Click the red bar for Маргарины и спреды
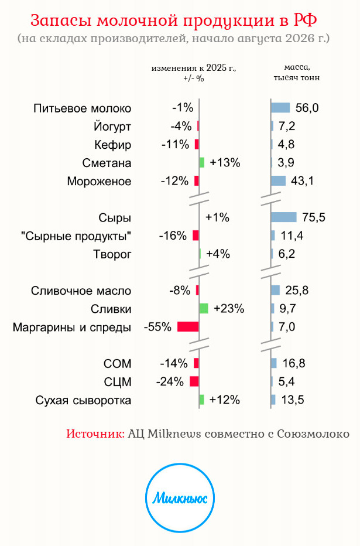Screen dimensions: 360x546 tap(188, 327)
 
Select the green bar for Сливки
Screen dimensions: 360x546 tap(204, 309)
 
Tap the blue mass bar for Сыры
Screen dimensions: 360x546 tap(284, 217)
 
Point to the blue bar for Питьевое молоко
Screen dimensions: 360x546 tap(281, 108)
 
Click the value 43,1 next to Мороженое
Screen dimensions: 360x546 tap(302, 180)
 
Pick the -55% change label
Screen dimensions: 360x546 tap(158, 327)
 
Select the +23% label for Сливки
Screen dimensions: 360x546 tap(229, 309)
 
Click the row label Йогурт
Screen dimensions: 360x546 tap(112, 127)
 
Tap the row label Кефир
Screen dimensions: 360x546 tap(113, 145)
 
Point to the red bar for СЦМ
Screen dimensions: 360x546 tap(194, 381)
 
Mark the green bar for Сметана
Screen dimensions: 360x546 tap(202, 162)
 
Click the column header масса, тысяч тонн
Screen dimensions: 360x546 tap(297, 73)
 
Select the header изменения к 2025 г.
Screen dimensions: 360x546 tap(194, 68)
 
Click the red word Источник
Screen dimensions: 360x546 tap(95, 434)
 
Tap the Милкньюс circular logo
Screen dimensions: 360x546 tap(180, 497)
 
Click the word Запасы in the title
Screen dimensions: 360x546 tap(62, 21)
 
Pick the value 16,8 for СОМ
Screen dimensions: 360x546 tap(294, 363)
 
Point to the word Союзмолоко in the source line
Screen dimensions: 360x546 tap(313, 434)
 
